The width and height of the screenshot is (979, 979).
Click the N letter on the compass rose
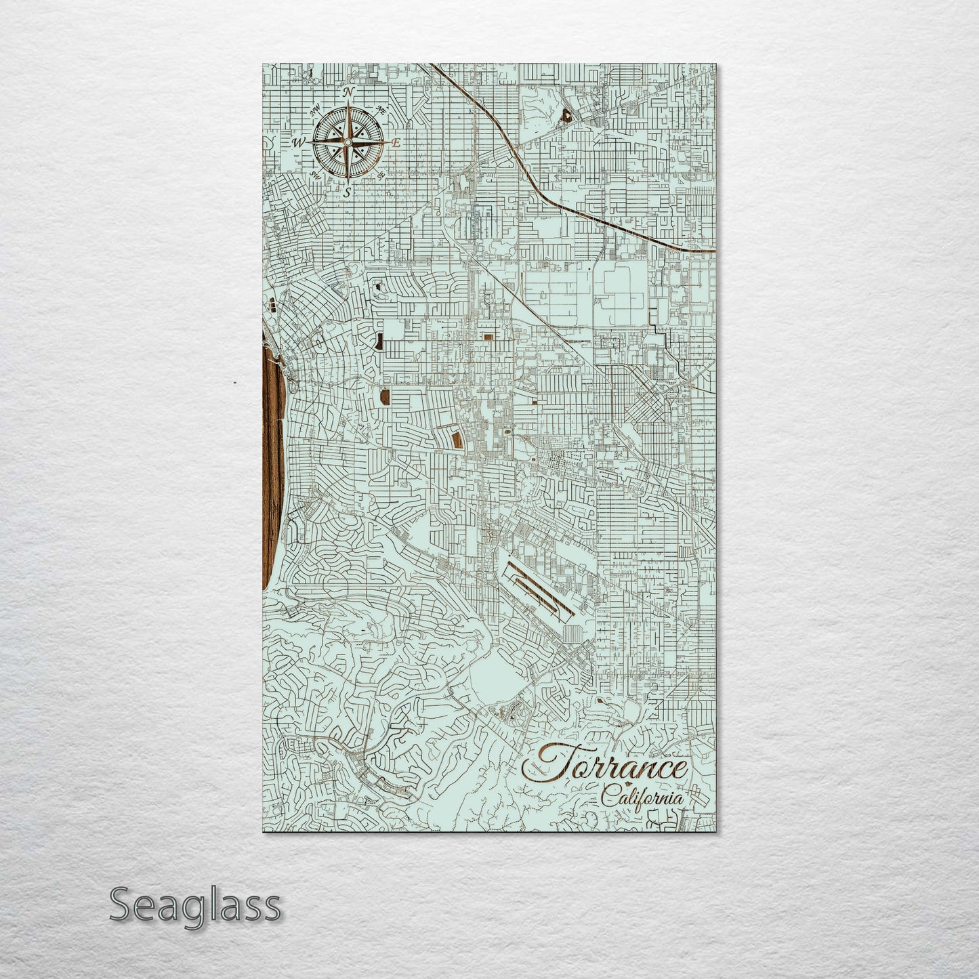click(348, 92)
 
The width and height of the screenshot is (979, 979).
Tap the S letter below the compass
click(348, 192)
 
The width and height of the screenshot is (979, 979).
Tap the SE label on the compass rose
click(381, 175)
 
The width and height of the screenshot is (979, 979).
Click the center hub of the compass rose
click(348, 142)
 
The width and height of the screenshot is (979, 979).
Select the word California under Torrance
click(641, 797)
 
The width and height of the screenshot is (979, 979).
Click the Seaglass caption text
click(194, 904)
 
